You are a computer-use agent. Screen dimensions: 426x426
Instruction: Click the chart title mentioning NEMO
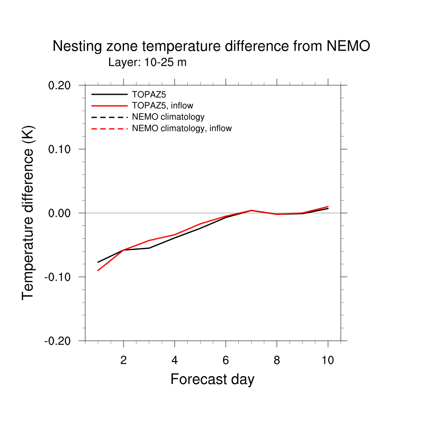click(211, 46)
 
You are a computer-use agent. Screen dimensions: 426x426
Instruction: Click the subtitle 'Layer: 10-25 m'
click(147, 63)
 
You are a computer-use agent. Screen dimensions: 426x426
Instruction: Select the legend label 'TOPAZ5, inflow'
click(162, 105)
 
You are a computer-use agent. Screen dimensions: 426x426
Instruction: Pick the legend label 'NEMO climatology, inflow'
click(181, 128)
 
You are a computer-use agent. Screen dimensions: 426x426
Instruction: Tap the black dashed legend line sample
click(109, 117)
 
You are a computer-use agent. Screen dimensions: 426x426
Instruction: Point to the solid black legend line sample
click(109, 94)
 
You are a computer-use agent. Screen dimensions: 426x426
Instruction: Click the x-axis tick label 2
click(124, 360)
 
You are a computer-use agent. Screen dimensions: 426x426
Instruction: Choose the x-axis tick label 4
click(175, 360)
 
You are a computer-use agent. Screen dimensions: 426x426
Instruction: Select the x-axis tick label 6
click(225, 360)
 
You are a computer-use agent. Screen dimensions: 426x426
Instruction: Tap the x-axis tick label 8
click(277, 360)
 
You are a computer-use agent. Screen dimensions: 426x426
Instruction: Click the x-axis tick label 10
click(328, 360)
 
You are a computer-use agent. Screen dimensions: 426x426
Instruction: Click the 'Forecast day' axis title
click(212, 379)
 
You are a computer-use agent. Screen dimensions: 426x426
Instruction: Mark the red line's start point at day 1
click(98, 270)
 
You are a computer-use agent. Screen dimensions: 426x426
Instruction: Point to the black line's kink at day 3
click(149, 248)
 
